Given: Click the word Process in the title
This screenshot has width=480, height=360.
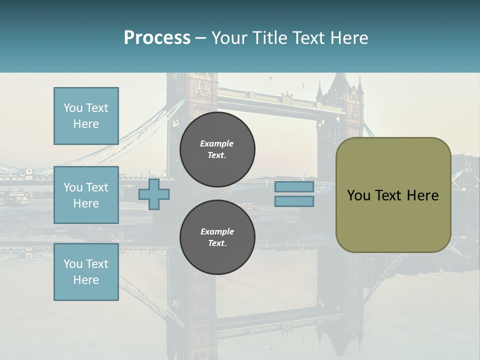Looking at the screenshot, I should click(x=157, y=38).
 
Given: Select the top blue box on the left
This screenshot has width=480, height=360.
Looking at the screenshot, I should click(x=86, y=116).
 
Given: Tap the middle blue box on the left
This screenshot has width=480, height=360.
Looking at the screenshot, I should click(x=86, y=195).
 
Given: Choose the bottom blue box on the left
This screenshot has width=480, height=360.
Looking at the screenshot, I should click(x=86, y=272).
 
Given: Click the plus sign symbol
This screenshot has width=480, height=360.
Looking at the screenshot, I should click(x=154, y=194).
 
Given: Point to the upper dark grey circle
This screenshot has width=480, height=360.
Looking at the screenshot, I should click(x=217, y=149).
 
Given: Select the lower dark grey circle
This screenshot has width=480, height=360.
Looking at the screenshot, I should click(x=217, y=237).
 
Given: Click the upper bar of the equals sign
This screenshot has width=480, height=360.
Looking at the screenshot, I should click(x=294, y=187).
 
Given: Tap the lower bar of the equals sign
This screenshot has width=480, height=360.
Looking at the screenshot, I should click(x=294, y=201).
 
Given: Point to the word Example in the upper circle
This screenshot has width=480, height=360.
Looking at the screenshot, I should click(x=217, y=144).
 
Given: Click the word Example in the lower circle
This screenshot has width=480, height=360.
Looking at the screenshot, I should click(x=217, y=232).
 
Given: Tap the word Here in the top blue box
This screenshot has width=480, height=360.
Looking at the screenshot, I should click(x=86, y=124).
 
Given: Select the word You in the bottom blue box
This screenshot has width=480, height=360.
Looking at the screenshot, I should click(x=72, y=264).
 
